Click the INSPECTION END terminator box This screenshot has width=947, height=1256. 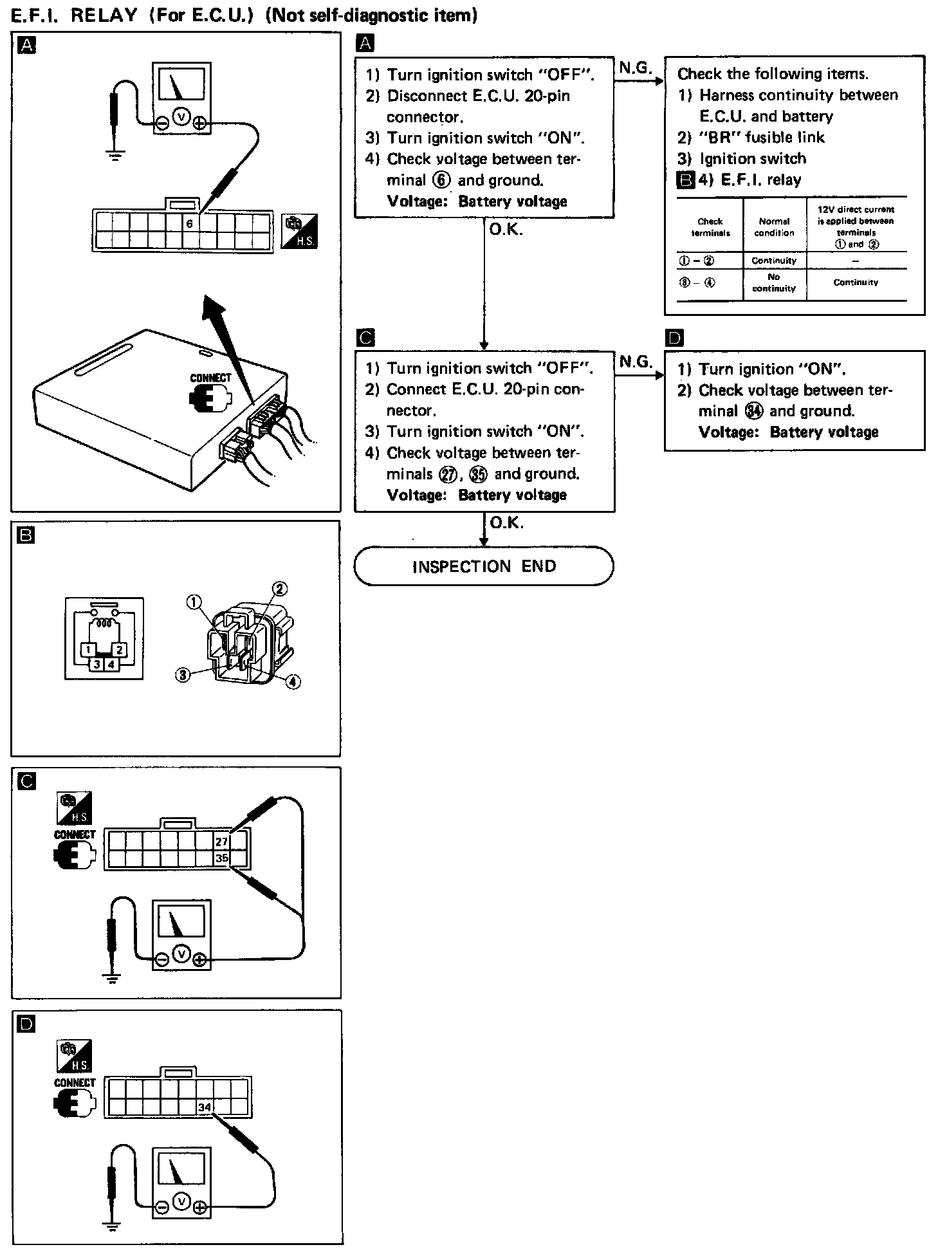(484, 566)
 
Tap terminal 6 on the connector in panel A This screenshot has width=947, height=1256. (190, 224)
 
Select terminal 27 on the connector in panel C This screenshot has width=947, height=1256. (221, 842)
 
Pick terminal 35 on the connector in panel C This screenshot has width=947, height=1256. (221, 858)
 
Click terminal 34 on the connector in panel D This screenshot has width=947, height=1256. (205, 1107)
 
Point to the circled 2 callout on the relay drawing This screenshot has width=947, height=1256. (280, 588)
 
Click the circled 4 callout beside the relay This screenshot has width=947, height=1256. (293, 681)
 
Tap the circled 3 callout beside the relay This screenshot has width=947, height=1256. (183, 675)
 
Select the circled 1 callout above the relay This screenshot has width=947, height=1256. (194, 602)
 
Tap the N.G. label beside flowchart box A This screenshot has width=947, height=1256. (636, 68)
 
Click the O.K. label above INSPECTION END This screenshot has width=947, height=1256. (507, 522)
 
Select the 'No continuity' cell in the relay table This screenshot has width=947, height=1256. (774, 282)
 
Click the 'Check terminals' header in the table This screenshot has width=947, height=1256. (710, 227)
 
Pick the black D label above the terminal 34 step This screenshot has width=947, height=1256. (676, 338)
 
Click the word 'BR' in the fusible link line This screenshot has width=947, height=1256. (719, 137)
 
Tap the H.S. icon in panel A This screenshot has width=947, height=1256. (300, 233)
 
